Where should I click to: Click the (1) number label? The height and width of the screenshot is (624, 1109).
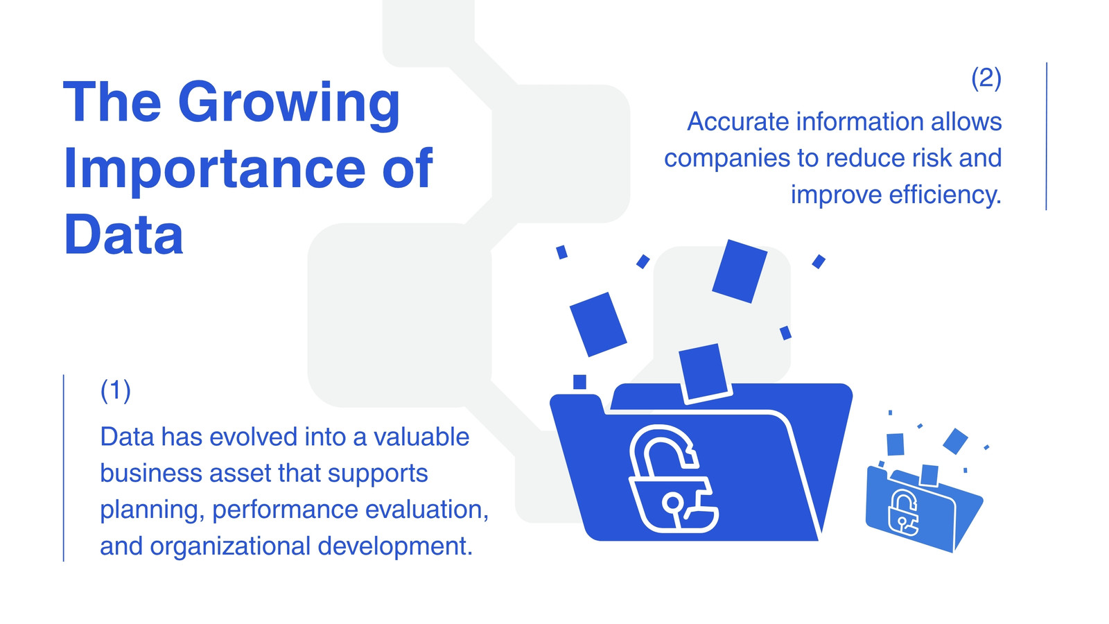pos(115,391)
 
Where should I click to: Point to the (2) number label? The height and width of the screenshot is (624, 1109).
pos(986,78)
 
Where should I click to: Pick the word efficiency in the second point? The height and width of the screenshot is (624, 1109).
pos(945,194)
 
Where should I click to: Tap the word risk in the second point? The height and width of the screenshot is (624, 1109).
pos(932,158)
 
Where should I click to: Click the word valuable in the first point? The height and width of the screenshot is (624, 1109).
pos(421,437)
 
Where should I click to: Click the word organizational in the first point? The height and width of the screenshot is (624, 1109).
pos(231,547)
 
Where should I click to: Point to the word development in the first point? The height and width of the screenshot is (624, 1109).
pos(395,547)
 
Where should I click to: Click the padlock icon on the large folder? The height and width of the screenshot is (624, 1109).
pos(673,478)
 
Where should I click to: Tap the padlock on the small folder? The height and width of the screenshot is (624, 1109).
pos(903,513)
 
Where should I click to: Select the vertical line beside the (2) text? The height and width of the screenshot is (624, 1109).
pos(1046,136)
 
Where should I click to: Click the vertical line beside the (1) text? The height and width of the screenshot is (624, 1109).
pos(63,468)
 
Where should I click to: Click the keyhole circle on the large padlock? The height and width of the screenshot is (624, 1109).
pos(673,503)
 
